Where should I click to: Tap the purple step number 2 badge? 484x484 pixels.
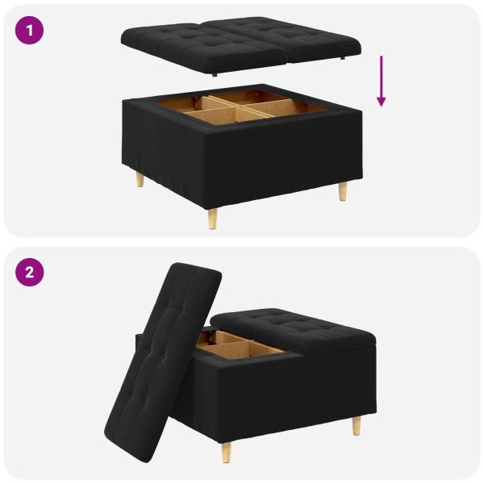(x=30, y=272)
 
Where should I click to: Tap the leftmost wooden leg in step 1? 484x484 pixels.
(x=140, y=179)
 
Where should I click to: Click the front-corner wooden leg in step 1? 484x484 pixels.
(x=213, y=218)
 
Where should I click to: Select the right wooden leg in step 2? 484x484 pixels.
(x=356, y=425)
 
